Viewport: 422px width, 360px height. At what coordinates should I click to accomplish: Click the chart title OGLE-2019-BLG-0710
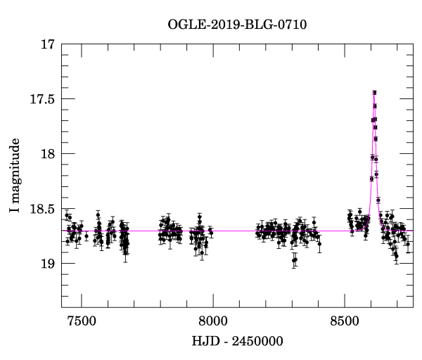237,25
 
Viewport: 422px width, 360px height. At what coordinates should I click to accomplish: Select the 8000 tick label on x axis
212,318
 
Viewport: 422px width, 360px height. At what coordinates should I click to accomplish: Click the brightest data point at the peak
374,92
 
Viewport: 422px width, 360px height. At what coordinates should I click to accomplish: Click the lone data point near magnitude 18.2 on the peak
377,174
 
